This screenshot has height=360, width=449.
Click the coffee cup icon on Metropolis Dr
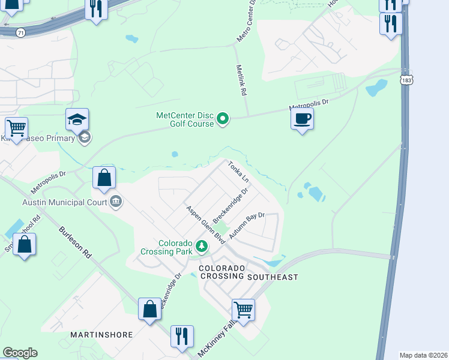click(x=302, y=118)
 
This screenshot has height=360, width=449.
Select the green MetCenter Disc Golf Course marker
click(x=223, y=119)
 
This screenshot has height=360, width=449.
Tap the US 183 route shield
click(x=408, y=79)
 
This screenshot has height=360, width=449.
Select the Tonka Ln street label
click(x=238, y=172)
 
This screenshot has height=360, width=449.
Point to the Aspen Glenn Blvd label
click(x=205, y=224)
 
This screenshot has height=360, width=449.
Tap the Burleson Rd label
click(x=75, y=243)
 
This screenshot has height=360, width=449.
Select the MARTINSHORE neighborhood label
click(x=101, y=334)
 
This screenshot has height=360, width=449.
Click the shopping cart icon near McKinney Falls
click(x=243, y=310)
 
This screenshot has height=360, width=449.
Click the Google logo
click(x=19, y=353)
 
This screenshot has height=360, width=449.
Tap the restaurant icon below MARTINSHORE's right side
click(x=182, y=335)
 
